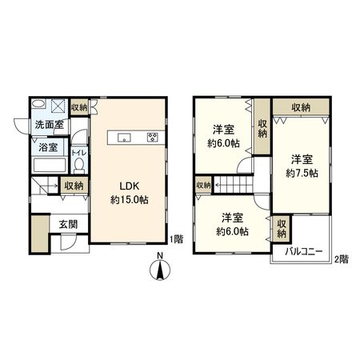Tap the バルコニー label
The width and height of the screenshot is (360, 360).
click(x=303, y=251)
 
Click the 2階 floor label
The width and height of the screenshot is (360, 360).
click(x=342, y=258)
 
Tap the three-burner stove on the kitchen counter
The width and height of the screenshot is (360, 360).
click(x=152, y=137)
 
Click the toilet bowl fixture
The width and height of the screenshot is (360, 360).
click(x=78, y=166)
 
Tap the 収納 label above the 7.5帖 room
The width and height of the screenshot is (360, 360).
click(x=301, y=107)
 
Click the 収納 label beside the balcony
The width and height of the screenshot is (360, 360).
click(x=281, y=229)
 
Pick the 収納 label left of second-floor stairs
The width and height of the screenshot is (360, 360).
click(x=203, y=185)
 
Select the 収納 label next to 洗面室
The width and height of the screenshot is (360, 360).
click(x=78, y=107)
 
